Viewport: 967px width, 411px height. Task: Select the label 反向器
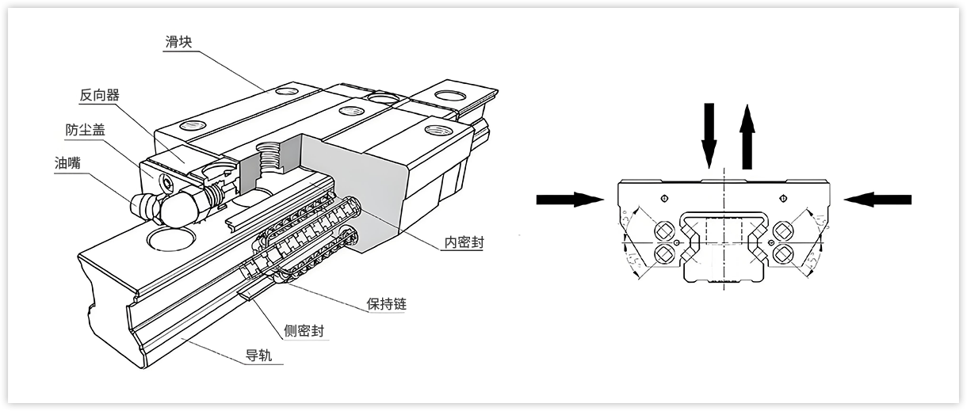[x=99, y=95]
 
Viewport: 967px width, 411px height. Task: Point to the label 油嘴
[x=68, y=163]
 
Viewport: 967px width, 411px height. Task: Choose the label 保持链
[x=388, y=303]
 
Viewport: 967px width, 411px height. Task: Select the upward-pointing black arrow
[x=746, y=139]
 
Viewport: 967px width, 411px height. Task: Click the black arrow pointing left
[x=877, y=200]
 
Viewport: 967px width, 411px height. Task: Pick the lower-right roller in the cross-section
[x=784, y=253]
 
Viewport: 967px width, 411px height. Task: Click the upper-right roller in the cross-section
[x=784, y=230]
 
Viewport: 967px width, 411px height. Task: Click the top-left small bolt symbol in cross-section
[x=664, y=197]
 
